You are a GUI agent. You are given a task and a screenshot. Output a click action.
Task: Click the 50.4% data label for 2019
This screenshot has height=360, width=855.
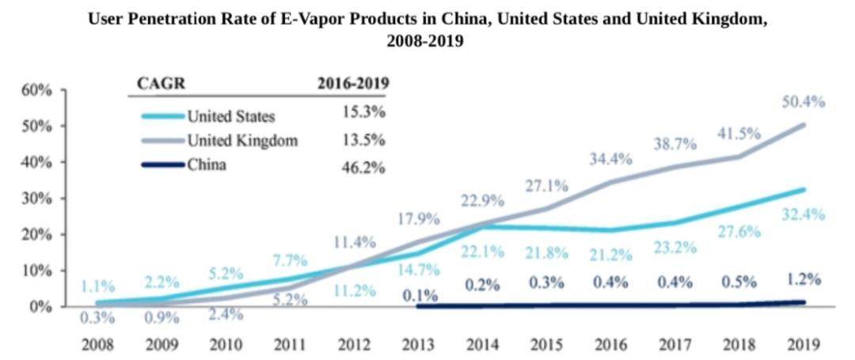(803, 102)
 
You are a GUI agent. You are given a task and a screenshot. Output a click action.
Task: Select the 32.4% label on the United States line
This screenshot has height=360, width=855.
(803, 214)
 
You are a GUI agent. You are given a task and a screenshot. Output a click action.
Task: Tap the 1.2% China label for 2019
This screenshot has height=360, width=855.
(803, 279)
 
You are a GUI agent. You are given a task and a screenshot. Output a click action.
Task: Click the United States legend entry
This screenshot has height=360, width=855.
(230, 116)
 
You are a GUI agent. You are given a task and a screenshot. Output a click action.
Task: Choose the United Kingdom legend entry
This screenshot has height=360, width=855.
(242, 141)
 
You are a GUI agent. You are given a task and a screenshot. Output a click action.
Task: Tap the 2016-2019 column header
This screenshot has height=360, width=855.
(353, 82)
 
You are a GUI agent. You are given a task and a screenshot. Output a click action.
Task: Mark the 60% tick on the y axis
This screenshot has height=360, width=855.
(36, 89)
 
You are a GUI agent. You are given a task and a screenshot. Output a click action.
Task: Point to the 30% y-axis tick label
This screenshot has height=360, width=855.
(36, 198)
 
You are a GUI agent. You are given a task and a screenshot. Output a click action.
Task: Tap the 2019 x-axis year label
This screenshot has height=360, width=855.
(802, 345)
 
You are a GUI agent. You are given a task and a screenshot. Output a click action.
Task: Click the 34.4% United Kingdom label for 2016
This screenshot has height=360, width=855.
(610, 159)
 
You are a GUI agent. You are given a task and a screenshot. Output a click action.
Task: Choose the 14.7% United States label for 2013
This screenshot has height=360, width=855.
(417, 270)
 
